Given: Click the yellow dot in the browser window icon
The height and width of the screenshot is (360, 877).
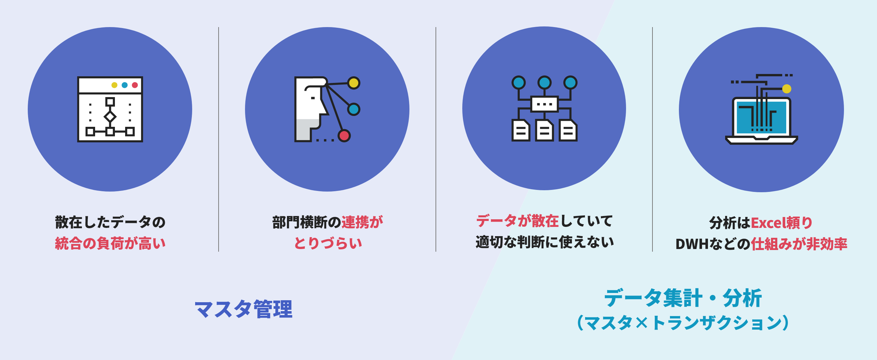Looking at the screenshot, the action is [114, 85].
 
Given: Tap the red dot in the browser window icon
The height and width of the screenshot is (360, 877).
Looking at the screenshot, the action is [135, 85].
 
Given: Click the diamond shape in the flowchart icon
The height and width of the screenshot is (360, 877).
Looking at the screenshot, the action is [110, 117].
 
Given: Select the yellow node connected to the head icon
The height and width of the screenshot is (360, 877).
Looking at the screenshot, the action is [354, 83].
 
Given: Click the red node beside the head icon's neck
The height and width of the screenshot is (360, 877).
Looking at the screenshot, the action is [344, 135].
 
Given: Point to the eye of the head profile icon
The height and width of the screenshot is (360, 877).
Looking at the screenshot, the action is [313, 98].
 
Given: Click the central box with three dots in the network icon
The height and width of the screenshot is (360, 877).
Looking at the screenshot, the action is [544, 104].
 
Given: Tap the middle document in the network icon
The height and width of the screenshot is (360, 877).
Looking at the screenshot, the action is [544, 130].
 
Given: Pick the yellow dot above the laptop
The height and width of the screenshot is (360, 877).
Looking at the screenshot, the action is [787, 89].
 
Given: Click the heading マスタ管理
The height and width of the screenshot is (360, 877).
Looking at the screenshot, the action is [243, 309].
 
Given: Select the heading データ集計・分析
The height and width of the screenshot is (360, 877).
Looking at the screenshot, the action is [683, 298].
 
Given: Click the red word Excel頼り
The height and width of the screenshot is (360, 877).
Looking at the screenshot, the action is [782, 223].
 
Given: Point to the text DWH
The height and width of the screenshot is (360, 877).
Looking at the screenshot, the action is [692, 244].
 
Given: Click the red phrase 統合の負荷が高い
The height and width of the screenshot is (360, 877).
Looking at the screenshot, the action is [110, 243].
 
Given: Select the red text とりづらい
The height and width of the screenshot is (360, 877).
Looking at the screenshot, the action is [328, 243].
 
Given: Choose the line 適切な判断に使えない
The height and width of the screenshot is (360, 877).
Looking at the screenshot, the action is [545, 242].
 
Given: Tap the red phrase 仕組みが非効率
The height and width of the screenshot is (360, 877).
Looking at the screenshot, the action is [799, 244].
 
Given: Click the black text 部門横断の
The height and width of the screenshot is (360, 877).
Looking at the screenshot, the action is [307, 222].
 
